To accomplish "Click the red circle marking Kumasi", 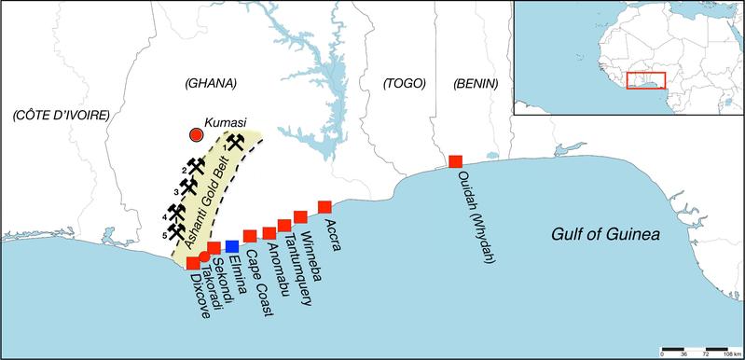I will tap(196, 135).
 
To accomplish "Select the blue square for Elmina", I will tap(232, 245).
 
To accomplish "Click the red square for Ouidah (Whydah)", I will tap(456, 161).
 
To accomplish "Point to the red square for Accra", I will tap(324, 206).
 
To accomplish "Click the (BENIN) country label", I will tap(476, 84).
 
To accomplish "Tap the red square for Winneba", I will tap(300, 217).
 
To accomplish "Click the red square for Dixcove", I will tap(193, 263).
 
